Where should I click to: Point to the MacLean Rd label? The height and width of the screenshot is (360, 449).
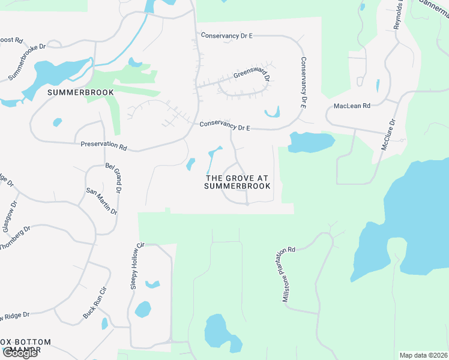coord(352,106)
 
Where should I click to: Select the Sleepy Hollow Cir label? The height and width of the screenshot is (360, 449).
coord(138,266)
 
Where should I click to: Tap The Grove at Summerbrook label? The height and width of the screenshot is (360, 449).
coord(237,182)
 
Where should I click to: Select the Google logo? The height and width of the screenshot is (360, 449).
coord(19,353)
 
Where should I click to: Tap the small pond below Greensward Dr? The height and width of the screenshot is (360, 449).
coord(273,112)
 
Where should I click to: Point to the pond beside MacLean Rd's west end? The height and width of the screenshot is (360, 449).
coord(311,142)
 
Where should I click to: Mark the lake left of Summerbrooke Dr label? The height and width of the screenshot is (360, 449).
coord(51,75)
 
